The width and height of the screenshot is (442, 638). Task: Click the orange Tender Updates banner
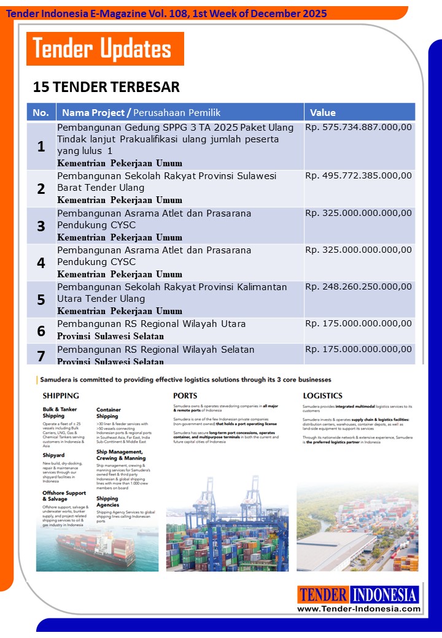point(105,49)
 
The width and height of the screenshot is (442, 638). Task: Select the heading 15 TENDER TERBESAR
point(106,87)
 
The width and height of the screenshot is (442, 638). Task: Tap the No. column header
point(41,112)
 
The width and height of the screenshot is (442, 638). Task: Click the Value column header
point(323,112)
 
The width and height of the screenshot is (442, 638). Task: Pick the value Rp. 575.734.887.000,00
point(359,128)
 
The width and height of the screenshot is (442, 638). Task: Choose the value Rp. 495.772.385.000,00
point(359,176)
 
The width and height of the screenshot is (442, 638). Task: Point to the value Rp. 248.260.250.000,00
point(359,287)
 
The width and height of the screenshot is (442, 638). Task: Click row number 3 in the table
point(41,226)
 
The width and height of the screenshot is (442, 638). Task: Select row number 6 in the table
point(41,331)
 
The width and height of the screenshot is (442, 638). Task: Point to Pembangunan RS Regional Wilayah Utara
point(152,324)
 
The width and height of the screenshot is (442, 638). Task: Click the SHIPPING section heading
point(61,396)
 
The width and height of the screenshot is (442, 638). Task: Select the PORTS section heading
point(185,396)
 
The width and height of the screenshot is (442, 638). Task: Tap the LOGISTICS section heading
point(322,396)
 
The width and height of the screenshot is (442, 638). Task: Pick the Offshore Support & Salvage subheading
point(64,496)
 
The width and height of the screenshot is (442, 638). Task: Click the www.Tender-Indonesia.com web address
point(359,609)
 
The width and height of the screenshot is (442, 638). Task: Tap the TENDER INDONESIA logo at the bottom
point(359,594)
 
